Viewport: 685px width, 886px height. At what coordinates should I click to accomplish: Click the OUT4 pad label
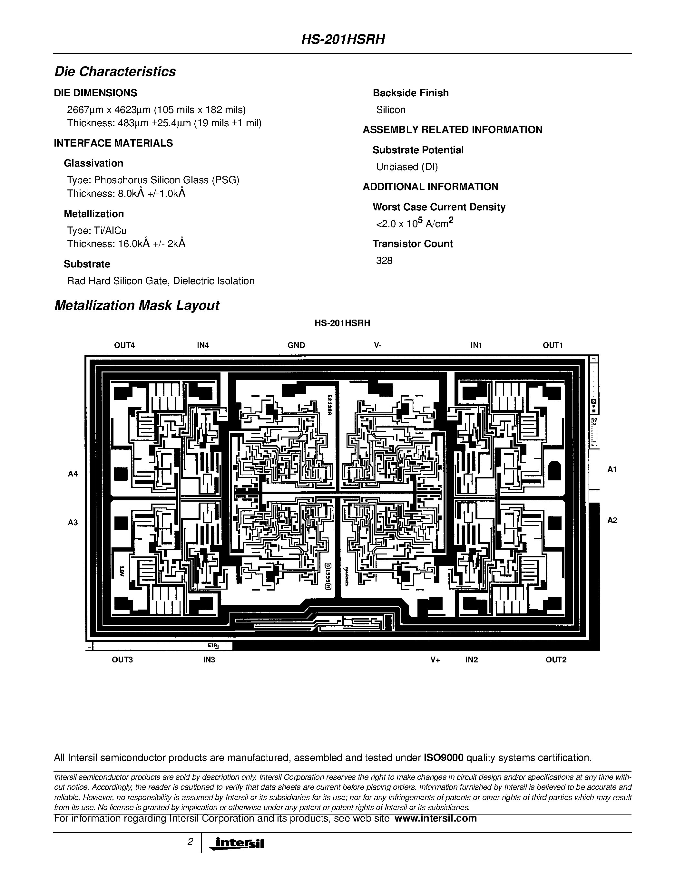(124, 345)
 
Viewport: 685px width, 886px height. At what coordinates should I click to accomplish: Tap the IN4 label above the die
(203, 345)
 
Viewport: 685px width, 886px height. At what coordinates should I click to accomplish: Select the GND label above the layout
(296, 345)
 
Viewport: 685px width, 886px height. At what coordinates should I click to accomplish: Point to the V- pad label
(377, 345)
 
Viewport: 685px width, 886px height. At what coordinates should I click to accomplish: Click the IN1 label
(476, 345)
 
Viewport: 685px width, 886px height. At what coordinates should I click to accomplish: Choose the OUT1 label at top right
(553, 345)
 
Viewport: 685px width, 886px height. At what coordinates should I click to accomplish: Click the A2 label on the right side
(612, 520)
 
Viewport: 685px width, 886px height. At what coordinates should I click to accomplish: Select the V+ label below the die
(435, 660)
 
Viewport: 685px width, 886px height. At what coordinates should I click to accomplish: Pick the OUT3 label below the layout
(122, 660)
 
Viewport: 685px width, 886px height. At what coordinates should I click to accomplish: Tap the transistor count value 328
(384, 260)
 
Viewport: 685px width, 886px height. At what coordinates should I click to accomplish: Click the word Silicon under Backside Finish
(390, 110)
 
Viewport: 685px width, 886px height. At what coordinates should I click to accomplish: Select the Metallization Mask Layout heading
(137, 305)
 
